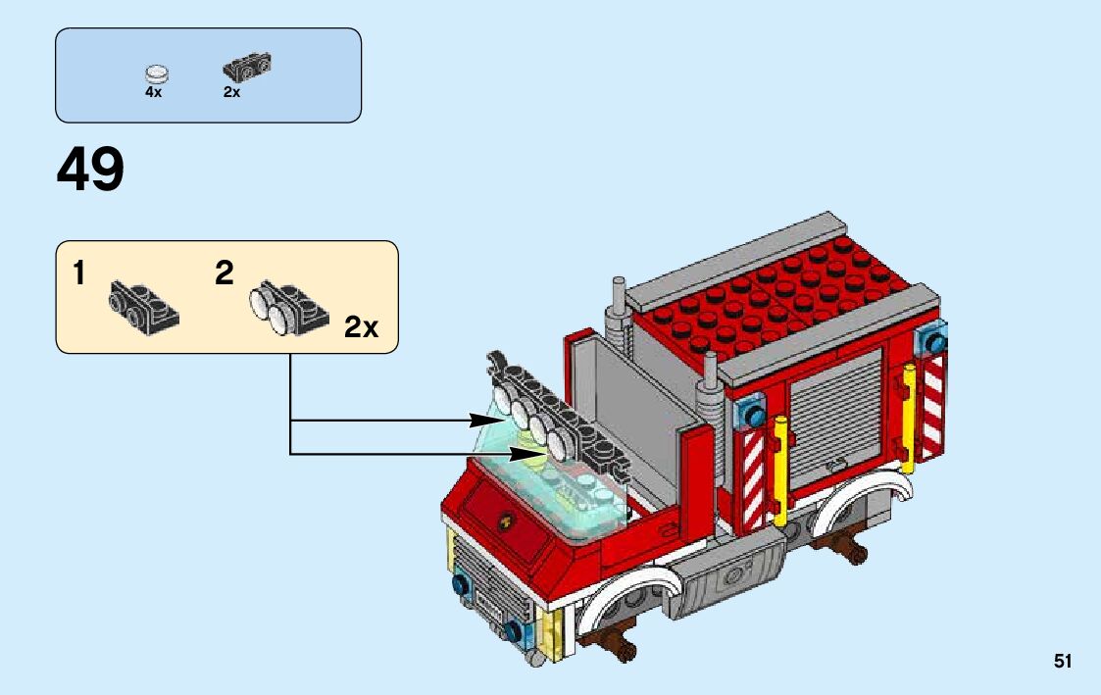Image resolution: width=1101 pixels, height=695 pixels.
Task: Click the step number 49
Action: point(90,171)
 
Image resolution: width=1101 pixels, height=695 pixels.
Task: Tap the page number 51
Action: point(1063,662)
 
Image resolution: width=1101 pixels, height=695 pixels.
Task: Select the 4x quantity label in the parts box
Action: point(153,92)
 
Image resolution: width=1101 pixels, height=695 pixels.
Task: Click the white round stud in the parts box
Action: point(156,73)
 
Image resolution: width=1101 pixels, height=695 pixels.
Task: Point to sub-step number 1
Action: point(78,274)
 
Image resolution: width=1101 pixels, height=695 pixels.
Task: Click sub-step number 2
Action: point(225,274)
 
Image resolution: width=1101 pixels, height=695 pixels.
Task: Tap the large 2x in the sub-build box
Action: point(361,327)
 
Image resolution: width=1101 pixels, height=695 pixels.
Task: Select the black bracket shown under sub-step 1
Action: point(142,301)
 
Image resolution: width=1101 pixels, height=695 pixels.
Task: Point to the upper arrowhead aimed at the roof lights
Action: point(485,421)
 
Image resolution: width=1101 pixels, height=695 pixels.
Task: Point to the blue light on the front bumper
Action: point(458,585)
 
